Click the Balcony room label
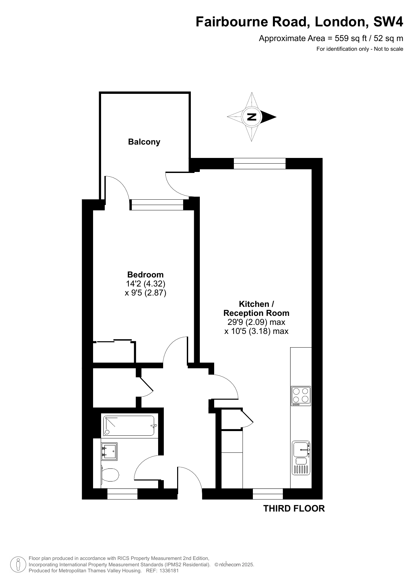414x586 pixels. pos(144,142)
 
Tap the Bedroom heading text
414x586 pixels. pos(145,275)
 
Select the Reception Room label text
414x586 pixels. pos(256,313)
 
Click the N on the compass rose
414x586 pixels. pos(252,117)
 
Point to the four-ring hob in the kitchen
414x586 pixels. pos(301,396)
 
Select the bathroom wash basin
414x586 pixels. pos(109,452)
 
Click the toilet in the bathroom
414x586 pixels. pos(109,475)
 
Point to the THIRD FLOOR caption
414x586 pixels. pos(294,509)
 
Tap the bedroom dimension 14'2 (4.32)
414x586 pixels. pos(145,284)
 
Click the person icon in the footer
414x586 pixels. pos(18,565)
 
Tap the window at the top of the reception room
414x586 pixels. pos(260,163)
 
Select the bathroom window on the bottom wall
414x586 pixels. pos(122,494)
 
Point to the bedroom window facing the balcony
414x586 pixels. pos(157,205)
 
